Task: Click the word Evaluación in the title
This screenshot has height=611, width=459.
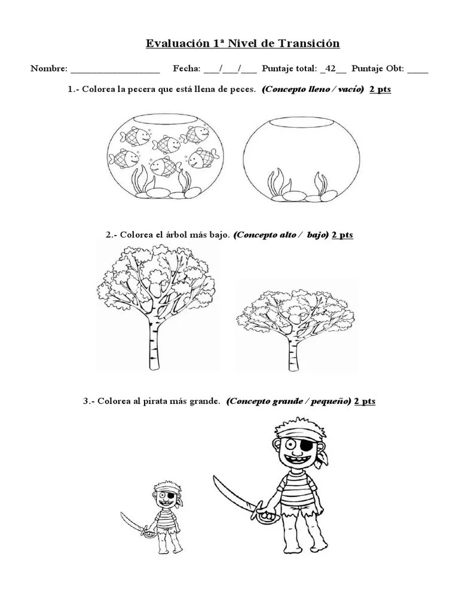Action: tap(174, 44)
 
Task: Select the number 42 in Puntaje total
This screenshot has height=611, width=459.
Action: tap(328, 69)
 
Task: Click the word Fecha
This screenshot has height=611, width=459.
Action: tap(186, 69)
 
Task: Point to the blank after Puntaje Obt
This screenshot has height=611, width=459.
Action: tap(418, 69)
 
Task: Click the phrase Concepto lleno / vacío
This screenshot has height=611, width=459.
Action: tap(313, 90)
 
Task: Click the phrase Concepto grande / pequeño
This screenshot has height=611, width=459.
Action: tap(288, 401)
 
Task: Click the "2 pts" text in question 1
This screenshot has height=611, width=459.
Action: tap(380, 90)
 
